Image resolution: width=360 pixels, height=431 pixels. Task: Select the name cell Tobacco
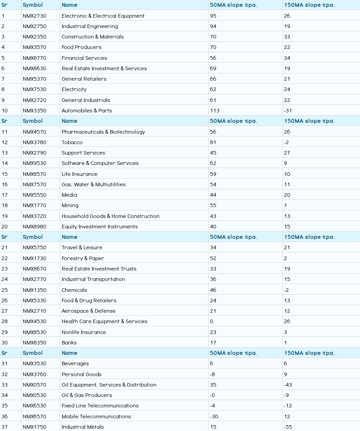coord(72,142)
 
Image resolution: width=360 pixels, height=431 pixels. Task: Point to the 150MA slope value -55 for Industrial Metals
coord(288,427)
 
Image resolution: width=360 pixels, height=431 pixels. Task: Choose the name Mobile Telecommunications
coord(96,416)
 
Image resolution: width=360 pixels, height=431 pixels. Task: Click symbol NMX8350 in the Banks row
coord(34,343)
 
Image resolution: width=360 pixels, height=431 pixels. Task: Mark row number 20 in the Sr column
coord(5,227)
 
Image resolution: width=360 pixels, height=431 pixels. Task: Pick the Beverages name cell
coord(75,363)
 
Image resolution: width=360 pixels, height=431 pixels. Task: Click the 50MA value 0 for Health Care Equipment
coord(212,321)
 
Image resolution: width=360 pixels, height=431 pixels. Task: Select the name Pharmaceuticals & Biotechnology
coord(103,132)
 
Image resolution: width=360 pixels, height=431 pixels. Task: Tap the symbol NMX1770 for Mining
coord(34,205)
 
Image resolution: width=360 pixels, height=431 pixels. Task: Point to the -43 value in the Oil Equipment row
coord(288,385)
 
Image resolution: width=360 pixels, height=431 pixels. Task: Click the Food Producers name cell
coord(82,47)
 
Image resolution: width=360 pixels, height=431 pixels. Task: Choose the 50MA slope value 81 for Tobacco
coord(213,142)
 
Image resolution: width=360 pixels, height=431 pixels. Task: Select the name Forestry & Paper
coord(83,258)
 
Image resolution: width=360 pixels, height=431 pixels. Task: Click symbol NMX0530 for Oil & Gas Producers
coord(34,395)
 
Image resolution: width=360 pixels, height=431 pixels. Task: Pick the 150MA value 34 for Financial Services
coord(287,58)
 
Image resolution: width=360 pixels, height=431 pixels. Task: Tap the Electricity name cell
coord(74,89)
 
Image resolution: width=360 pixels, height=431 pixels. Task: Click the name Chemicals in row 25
coord(74,290)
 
